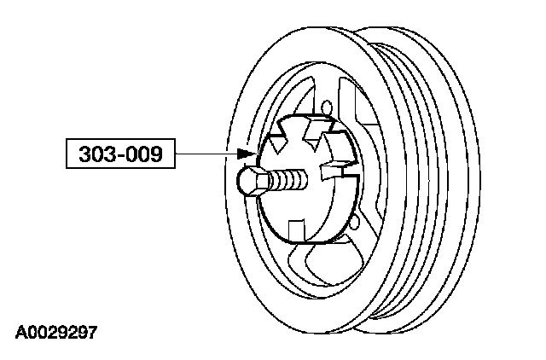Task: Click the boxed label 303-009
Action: pos(119,154)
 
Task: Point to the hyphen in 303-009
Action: pos(119,155)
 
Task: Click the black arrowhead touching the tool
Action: pos(248,154)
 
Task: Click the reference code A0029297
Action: pos(55,330)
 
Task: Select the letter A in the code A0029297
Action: pos(19,330)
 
